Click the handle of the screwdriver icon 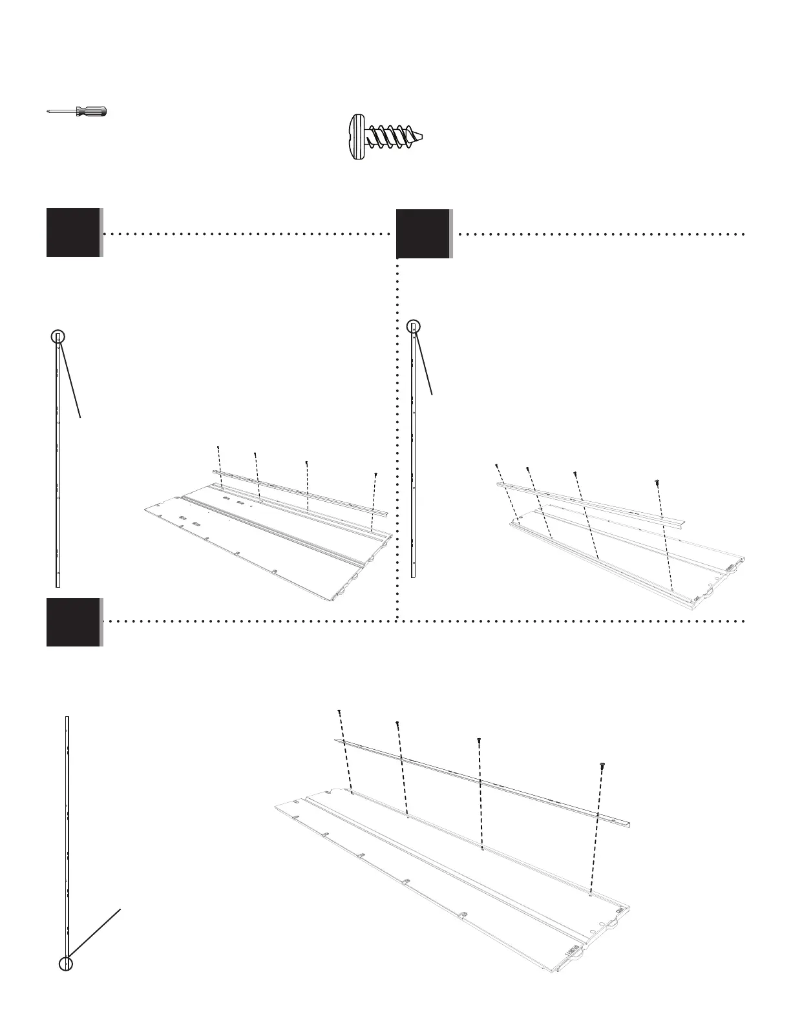tap(92, 112)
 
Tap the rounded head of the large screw tap(355, 138)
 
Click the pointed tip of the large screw tap(424, 138)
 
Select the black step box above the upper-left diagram tap(73, 232)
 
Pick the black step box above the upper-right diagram tap(423, 234)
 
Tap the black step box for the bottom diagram tap(73, 622)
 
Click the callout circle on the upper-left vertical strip tap(58, 336)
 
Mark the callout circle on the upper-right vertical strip tap(414, 327)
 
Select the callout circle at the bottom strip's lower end tap(66, 964)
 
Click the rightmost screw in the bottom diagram tap(602, 765)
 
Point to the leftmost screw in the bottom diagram tap(339, 712)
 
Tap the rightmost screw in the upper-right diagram tap(657, 482)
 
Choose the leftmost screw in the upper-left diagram tap(218, 448)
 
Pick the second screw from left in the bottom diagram tap(397, 724)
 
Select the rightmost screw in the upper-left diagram tap(375, 475)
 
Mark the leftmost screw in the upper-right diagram tap(496, 465)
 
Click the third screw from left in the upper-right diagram tap(575, 473)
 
